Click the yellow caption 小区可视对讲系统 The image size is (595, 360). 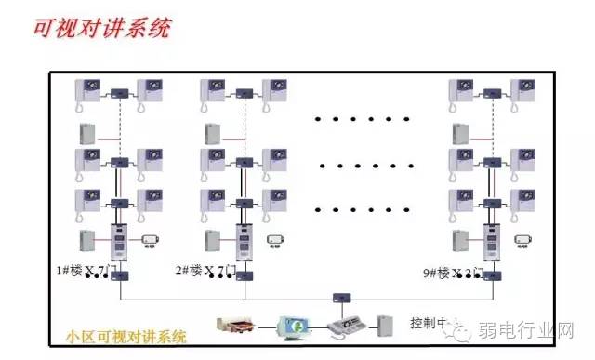coord(127,335)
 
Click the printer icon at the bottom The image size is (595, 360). coord(232,326)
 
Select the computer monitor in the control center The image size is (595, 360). coord(294,326)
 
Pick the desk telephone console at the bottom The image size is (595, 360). coord(347,327)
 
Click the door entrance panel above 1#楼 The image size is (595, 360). coord(119,243)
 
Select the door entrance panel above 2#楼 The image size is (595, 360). coord(244,243)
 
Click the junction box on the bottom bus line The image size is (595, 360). coord(341,298)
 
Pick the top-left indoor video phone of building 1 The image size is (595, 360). coord(88,90)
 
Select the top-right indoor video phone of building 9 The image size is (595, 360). coord(522,90)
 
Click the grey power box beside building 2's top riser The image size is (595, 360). coord(212,132)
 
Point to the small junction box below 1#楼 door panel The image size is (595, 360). coord(119,275)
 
